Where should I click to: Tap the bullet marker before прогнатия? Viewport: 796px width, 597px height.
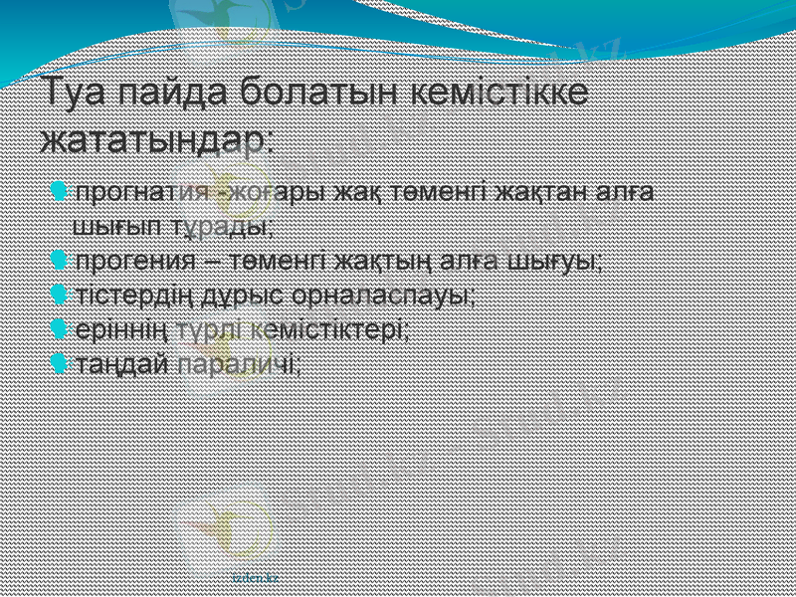click(x=59, y=189)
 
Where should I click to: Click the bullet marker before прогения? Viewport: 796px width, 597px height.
click(x=59, y=261)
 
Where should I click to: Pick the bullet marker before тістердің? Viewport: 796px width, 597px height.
click(x=59, y=295)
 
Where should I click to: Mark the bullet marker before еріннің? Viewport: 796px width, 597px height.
click(x=59, y=328)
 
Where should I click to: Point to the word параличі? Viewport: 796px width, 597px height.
click(x=239, y=363)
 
